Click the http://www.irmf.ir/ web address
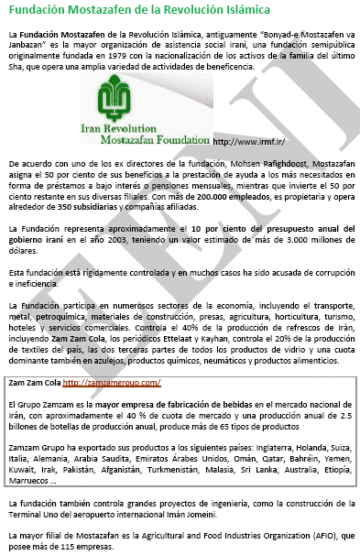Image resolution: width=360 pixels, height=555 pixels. click(246, 143)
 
